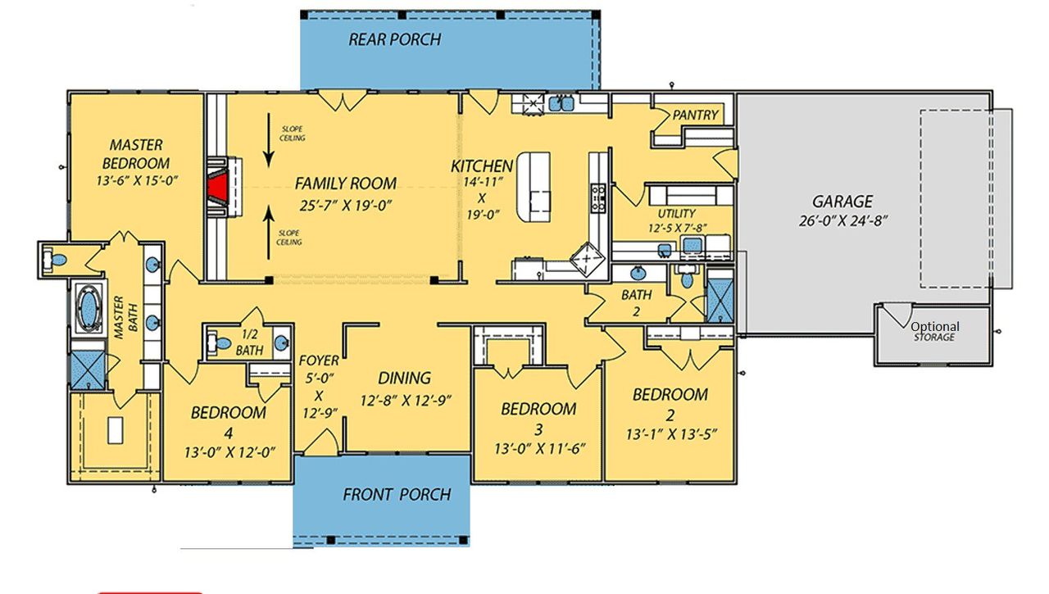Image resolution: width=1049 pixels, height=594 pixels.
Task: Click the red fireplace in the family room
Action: pos(216,186)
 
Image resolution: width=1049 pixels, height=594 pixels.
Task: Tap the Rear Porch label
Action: pos(394,39)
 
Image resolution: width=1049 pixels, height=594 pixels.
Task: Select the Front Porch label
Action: pos(397,494)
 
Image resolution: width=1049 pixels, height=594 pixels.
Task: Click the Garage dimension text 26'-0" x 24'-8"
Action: pos(841,220)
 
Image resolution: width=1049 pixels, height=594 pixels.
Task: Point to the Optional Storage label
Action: pos(935,331)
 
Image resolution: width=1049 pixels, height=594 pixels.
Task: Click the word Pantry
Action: pos(695,116)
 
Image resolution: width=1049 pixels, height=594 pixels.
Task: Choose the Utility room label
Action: pos(670,190)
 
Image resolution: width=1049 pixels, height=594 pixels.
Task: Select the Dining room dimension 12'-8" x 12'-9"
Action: pos(405,401)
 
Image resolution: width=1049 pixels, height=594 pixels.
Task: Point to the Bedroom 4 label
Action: pos(228,421)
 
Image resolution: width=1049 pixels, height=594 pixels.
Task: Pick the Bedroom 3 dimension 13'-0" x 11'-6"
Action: pos(538,449)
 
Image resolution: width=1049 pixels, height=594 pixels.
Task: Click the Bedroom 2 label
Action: pos(670,404)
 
